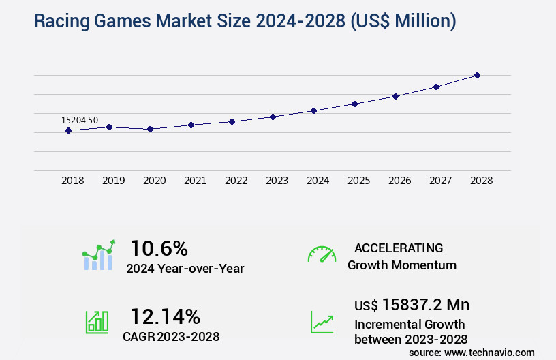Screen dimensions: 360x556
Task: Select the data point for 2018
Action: (x=68, y=130)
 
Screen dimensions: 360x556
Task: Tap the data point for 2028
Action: (x=477, y=75)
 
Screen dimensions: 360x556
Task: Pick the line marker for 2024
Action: (x=313, y=110)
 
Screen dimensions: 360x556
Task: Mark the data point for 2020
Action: (x=150, y=129)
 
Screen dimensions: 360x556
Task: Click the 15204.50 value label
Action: (x=80, y=120)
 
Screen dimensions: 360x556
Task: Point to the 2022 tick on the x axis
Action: (x=236, y=181)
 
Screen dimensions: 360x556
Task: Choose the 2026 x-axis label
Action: (x=399, y=181)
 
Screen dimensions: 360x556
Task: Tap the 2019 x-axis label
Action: (x=113, y=181)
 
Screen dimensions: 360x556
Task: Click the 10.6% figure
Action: (x=159, y=248)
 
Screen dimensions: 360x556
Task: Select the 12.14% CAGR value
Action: (x=165, y=316)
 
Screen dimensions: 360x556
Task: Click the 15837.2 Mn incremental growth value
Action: (x=412, y=305)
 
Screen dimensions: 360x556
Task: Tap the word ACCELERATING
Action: (x=399, y=247)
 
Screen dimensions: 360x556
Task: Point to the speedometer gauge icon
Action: (x=322, y=254)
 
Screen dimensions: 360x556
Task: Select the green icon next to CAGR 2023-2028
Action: (x=97, y=322)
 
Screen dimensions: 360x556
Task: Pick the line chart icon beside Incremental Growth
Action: (x=322, y=322)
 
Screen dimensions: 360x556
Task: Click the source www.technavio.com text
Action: (x=472, y=352)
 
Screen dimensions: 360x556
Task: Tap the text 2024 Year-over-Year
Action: (x=185, y=269)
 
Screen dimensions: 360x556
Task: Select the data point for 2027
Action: (x=436, y=87)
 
